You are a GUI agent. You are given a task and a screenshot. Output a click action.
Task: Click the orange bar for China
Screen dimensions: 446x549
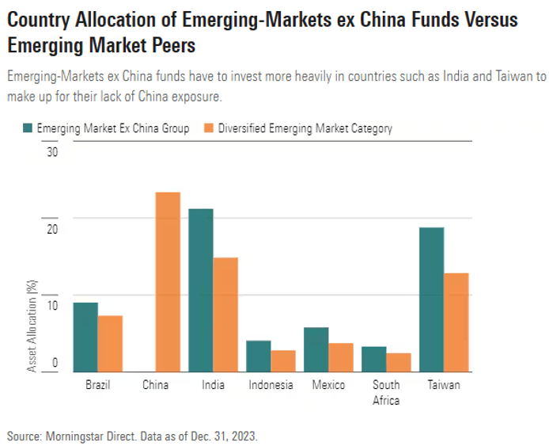click(168, 282)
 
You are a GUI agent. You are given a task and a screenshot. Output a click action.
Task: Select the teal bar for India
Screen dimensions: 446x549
click(201, 290)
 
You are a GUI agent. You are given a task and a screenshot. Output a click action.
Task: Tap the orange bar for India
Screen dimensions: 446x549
click(225, 314)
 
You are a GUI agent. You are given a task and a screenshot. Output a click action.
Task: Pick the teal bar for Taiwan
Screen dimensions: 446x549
click(431, 299)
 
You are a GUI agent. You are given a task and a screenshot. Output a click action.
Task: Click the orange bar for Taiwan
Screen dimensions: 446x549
click(456, 322)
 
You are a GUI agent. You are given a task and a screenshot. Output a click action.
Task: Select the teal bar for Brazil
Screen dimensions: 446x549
click(85, 337)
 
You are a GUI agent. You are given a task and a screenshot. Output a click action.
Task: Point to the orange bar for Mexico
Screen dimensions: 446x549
click(341, 357)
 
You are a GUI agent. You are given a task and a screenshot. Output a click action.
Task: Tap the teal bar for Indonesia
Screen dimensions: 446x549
click(259, 356)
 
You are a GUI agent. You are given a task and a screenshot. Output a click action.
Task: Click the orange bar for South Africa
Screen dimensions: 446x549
click(399, 362)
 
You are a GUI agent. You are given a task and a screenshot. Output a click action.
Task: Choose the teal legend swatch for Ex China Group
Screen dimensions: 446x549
click(28, 128)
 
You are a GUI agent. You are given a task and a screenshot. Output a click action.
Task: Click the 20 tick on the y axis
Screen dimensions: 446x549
click(52, 229)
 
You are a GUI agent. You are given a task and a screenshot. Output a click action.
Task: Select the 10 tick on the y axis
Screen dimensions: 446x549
click(52, 306)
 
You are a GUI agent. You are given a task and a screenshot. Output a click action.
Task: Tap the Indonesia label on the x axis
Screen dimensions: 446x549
click(271, 385)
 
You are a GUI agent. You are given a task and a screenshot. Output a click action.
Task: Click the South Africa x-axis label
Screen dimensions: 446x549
click(386, 392)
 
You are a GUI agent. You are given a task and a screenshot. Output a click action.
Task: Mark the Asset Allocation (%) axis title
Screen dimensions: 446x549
click(32, 326)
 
